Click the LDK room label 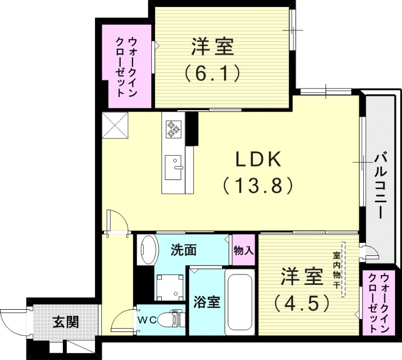(258, 160)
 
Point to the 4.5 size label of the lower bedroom (301, 302)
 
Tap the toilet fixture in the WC (168, 319)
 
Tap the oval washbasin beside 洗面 (148, 250)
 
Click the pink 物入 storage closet (244, 250)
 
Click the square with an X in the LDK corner (115, 126)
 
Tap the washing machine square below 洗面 (171, 287)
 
